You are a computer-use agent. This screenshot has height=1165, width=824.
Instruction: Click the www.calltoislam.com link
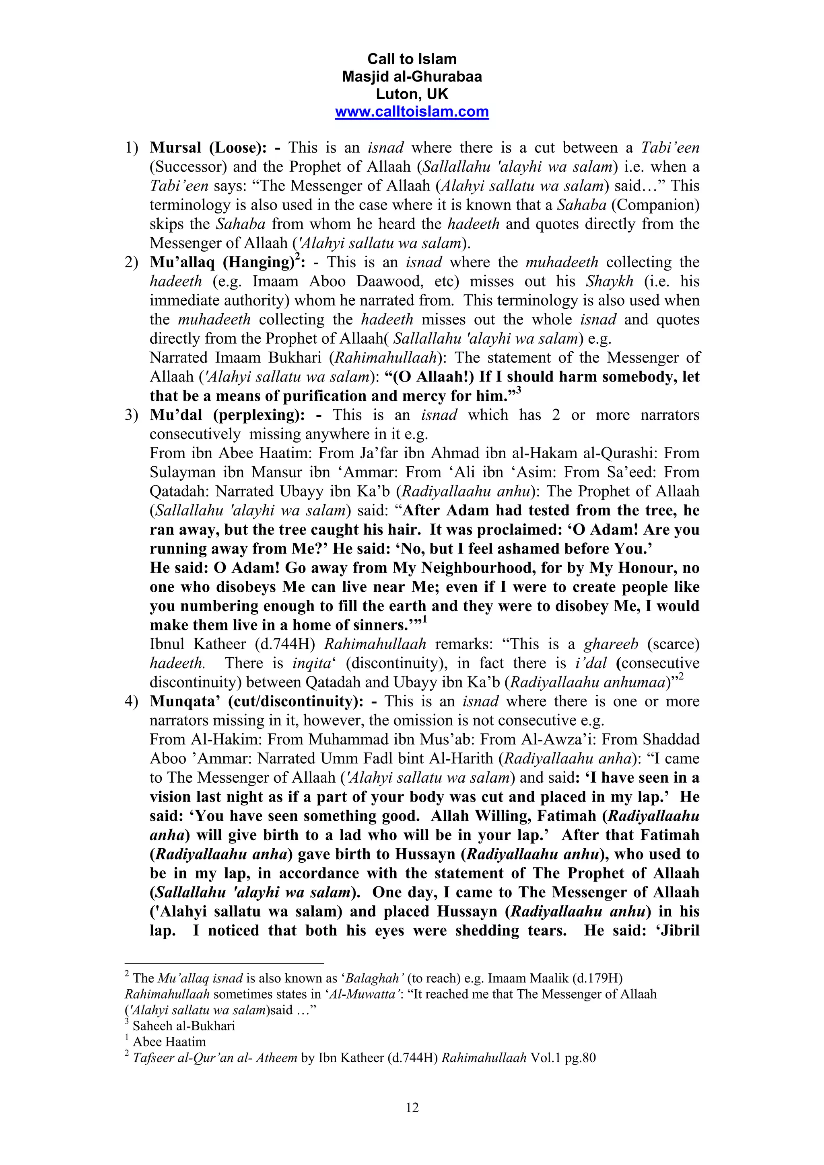tap(412, 112)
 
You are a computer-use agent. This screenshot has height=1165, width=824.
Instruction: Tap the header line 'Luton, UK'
tap(412, 94)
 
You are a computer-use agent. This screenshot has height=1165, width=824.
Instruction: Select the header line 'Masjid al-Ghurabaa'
tap(412, 77)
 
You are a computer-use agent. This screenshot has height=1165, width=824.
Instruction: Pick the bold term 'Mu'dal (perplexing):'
tap(227, 415)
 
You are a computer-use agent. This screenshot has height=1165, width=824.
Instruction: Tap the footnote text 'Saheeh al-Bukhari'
tap(184, 1026)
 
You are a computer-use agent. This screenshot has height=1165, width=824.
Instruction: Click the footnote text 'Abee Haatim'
tap(169, 1042)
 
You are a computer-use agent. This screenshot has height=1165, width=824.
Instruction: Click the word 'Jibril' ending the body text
tap(678, 931)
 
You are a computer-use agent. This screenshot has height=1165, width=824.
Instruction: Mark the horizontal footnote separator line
tap(224, 962)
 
